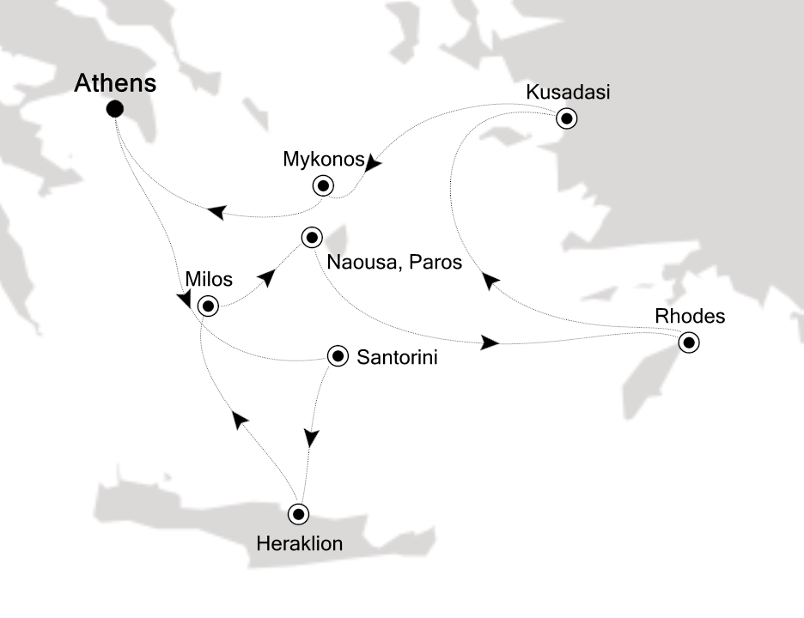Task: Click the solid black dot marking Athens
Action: click(114, 109)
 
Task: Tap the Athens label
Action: click(116, 83)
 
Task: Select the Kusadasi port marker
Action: click(566, 118)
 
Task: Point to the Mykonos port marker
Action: click(323, 185)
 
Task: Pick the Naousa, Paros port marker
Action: click(311, 237)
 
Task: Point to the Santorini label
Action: click(396, 357)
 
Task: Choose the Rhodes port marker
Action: click(687, 343)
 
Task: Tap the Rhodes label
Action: click(690, 317)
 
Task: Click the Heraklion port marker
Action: click(298, 514)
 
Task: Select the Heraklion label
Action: click(299, 543)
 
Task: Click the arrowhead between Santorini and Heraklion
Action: click(312, 438)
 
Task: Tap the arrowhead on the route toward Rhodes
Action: click(490, 343)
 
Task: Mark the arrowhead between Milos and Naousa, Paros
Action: click(269, 276)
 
